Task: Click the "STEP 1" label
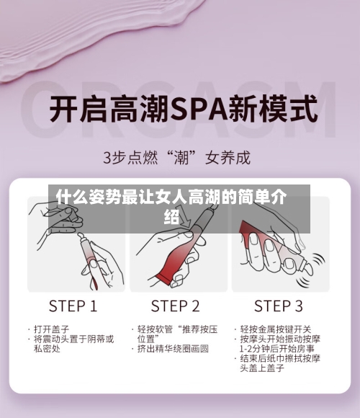(x=73, y=305)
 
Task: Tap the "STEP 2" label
(x=176, y=305)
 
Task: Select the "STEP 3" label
(x=279, y=305)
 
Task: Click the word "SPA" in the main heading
(x=190, y=112)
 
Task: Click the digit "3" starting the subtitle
(x=108, y=155)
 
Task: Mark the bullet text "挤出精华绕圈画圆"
(x=173, y=349)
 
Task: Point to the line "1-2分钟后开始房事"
(x=276, y=349)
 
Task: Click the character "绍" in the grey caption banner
(x=171, y=215)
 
